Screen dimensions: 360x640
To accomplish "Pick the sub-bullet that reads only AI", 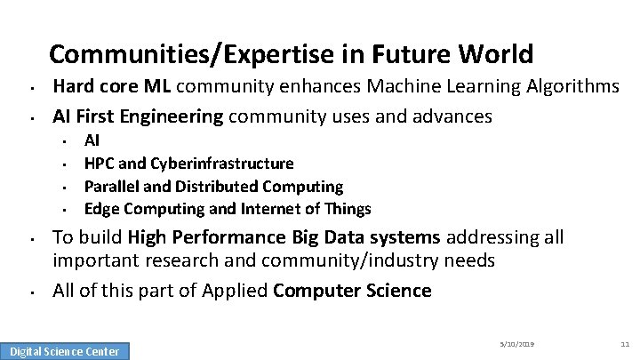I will point(92,140).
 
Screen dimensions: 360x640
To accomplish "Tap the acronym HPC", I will point(99,164).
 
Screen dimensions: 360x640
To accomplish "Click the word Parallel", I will point(109,187).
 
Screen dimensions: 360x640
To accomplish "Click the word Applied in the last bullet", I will point(236,291).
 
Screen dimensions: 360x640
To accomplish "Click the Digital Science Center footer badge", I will point(64,351).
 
